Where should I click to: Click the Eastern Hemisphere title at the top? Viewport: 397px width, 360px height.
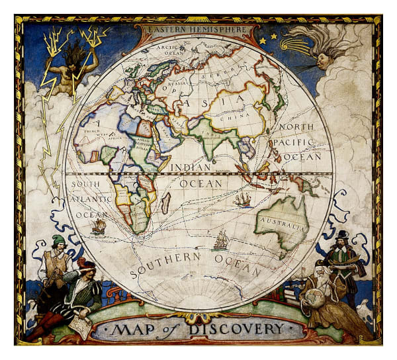coord(197,30)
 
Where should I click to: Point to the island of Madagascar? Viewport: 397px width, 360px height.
coord(165,202)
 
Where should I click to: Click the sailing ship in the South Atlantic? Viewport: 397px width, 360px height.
coord(99,226)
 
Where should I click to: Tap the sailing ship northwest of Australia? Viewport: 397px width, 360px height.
coord(243,199)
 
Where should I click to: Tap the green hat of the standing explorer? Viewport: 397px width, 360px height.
coord(59,240)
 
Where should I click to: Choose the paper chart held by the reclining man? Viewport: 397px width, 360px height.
coord(79,324)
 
